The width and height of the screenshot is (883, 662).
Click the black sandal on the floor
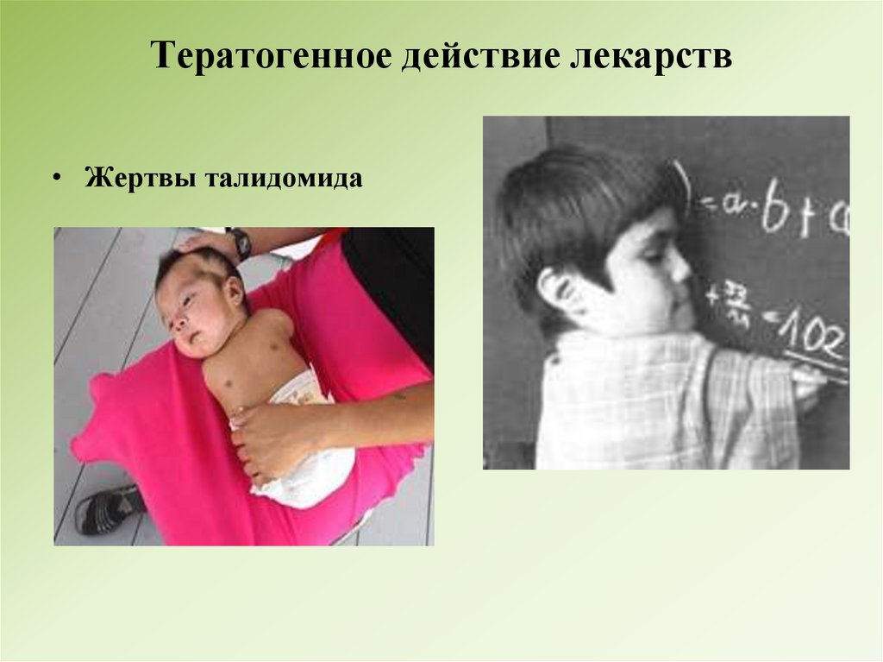(108, 509)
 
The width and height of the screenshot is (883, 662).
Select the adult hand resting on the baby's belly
(267, 436)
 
